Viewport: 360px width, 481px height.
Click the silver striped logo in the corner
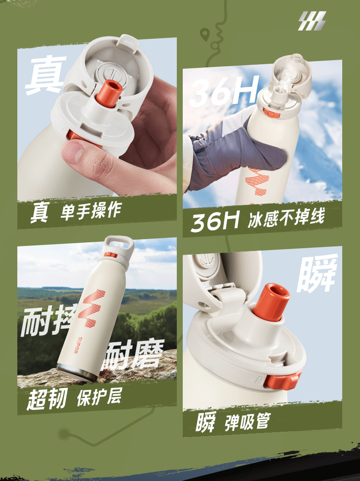(x=312, y=21)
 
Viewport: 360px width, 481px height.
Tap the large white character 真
(x=46, y=75)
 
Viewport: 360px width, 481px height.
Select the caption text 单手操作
(x=91, y=210)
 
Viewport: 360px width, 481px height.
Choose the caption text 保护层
(x=99, y=397)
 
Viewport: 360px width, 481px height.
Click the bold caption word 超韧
(x=46, y=399)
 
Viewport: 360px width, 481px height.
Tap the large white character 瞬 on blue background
(x=317, y=274)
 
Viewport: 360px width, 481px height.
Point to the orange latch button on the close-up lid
(x=282, y=380)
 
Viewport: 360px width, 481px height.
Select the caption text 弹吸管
(x=247, y=422)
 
